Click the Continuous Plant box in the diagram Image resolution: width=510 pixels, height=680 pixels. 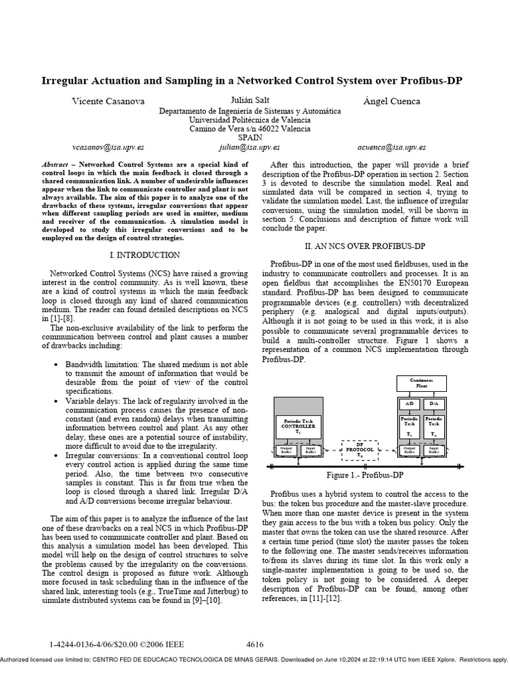(422, 382)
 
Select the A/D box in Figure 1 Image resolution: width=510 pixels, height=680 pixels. (409, 403)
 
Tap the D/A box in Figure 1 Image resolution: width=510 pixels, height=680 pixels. (434, 403)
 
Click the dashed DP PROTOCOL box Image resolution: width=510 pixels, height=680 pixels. (360, 450)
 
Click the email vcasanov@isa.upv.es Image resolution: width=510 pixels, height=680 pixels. (107, 147)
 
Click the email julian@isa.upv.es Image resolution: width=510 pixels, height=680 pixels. (249, 147)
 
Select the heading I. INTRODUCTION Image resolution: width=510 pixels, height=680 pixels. (144, 255)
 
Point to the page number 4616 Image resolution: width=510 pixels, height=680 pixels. (255, 645)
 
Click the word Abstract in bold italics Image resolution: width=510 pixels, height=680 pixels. (55, 164)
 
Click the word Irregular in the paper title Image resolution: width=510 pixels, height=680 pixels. (68, 81)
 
